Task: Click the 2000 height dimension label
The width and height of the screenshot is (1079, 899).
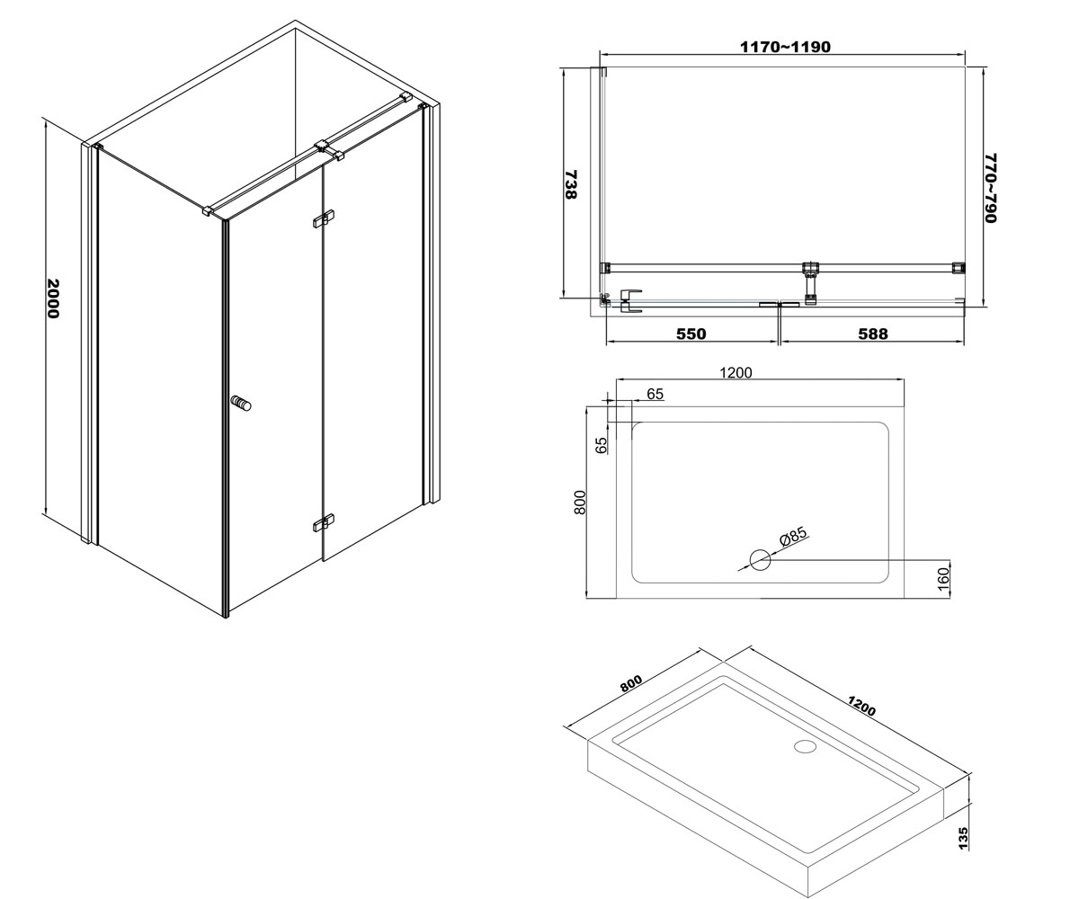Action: coord(53,298)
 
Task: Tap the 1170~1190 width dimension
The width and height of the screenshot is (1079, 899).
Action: coord(785,47)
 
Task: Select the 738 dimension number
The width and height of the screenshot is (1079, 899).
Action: coord(570,184)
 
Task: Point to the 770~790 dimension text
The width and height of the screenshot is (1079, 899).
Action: coord(990,188)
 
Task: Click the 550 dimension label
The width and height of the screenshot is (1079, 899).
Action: coord(691,334)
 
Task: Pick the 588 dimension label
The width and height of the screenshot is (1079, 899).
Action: coord(873,334)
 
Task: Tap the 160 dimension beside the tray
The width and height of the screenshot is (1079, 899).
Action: coord(943,580)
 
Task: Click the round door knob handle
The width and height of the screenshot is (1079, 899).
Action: coord(241,403)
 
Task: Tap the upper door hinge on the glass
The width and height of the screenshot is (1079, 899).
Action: coord(324,218)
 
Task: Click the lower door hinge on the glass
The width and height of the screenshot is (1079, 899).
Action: coord(324,522)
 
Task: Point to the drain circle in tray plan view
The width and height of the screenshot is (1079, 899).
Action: coord(760,559)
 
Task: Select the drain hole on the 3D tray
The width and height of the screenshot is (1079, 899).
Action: coord(804,747)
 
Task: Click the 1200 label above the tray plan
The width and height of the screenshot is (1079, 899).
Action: coord(736,372)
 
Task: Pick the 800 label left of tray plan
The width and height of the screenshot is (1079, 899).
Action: coord(580,503)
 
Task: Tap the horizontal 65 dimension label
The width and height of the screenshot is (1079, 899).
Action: coord(655,395)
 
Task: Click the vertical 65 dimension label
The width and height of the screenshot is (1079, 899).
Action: coord(601,445)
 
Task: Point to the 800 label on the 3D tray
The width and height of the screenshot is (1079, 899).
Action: coord(631,683)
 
